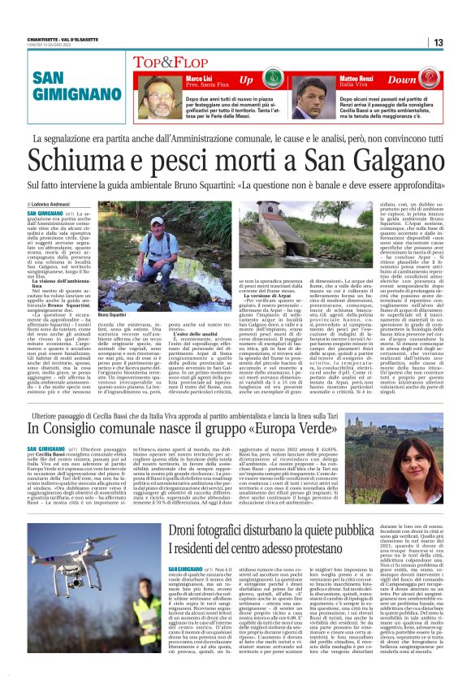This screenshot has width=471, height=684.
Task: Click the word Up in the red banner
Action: pyautogui.click(x=245, y=81)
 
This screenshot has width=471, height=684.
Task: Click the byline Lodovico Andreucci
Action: pyautogui.click(x=53, y=203)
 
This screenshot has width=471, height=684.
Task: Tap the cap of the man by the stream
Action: pyautogui.click(x=157, y=220)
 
